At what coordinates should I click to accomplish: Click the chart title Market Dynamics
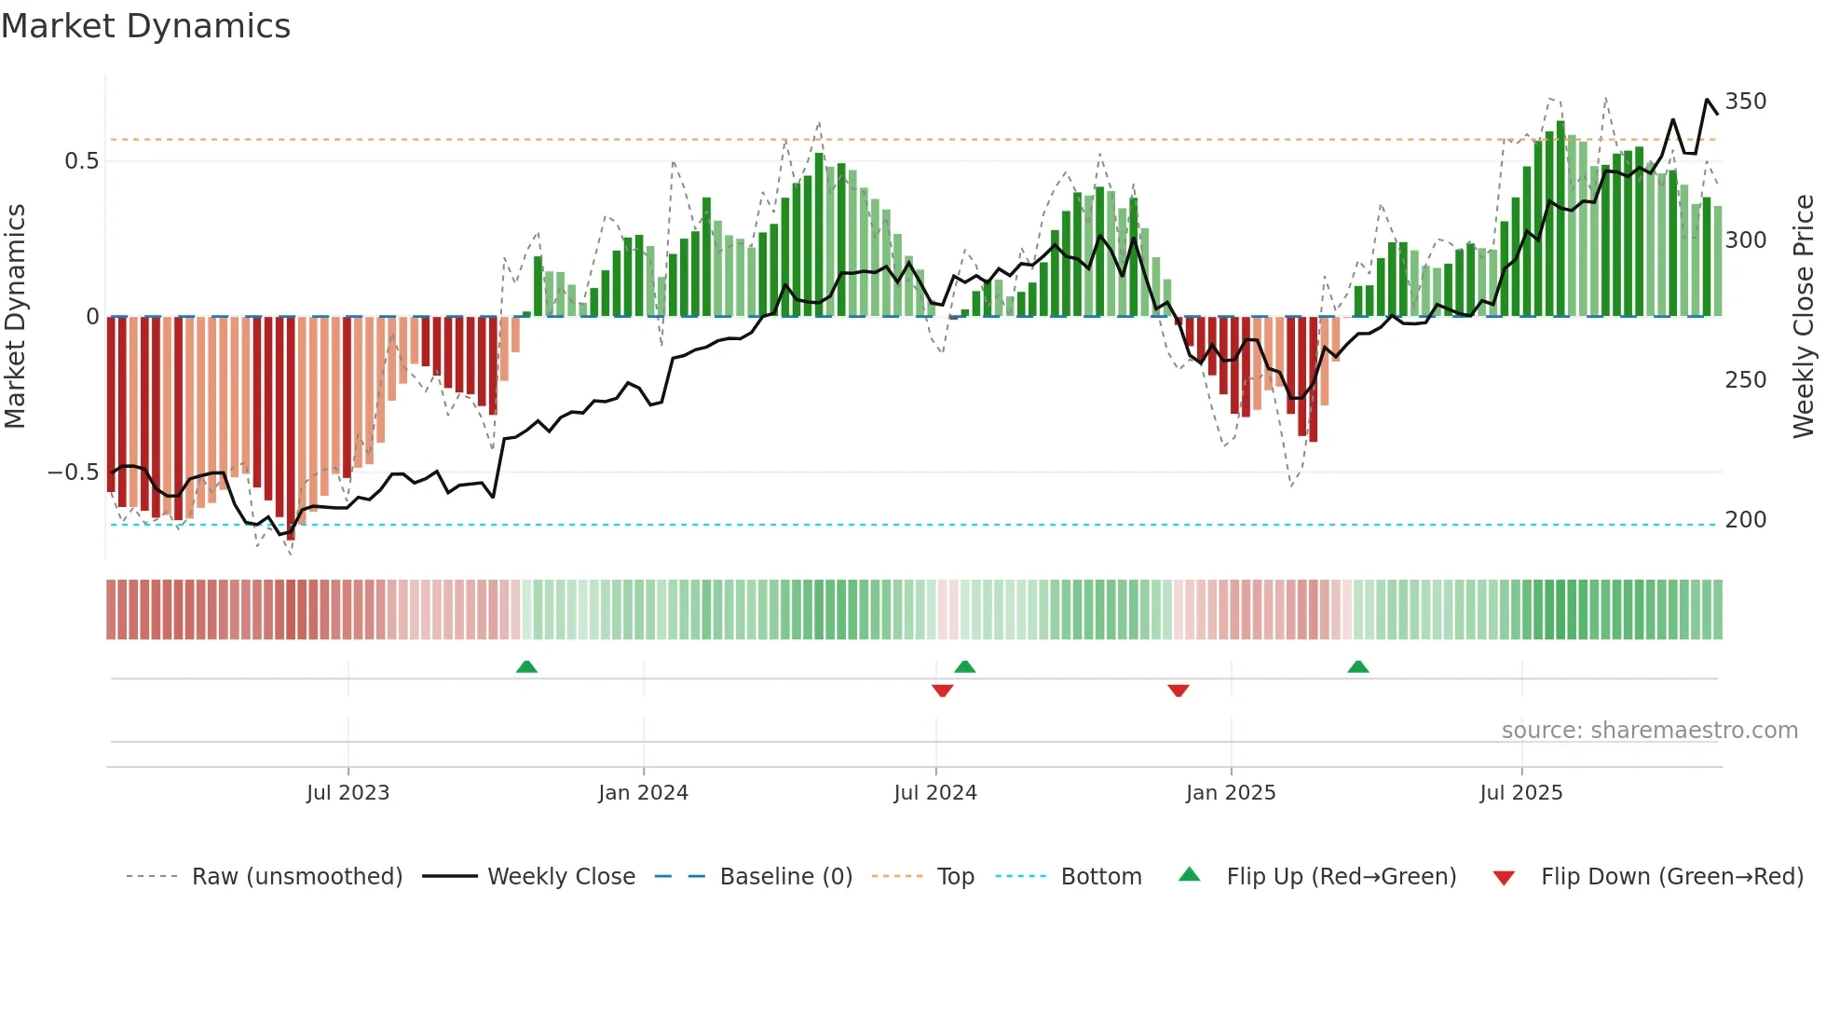coord(146,26)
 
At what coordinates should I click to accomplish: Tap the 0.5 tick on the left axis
coord(81,161)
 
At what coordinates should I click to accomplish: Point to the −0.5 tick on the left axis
coord(74,472)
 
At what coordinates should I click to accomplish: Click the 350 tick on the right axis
coord(1745,102)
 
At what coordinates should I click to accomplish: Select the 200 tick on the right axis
coord(1745,520)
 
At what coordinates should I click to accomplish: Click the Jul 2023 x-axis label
coord(347,793)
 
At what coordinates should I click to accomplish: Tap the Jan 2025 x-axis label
coord(1230,793)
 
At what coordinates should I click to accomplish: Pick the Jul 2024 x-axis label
coord(935,793)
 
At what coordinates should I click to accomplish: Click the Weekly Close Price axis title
coord(1804,317)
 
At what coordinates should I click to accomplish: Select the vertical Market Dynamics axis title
coord(15,317)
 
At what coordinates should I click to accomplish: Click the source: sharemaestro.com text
coord(1649,731)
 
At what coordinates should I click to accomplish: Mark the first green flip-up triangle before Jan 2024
coord(526,666)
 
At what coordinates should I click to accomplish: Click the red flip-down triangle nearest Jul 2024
coord(942,691)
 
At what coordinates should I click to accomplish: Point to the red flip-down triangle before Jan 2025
coord(1178,691)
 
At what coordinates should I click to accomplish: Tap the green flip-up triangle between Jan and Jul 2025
coord(1357,666)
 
